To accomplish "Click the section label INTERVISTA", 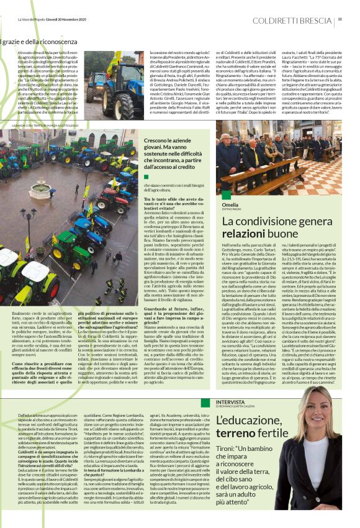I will click(233, 401).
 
